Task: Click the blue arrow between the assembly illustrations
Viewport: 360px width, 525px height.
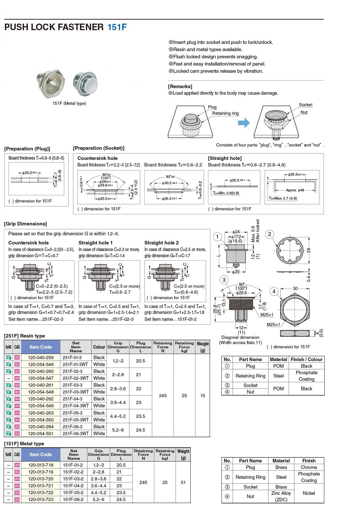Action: [244, 123]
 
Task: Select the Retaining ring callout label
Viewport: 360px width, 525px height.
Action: [225, 113]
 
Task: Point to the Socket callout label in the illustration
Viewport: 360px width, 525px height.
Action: [305, 105]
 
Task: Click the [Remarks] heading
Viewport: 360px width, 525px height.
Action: [180, 87]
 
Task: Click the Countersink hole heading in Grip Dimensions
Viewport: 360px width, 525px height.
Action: [28, 243]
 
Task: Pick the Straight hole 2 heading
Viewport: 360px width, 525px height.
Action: [161, 243]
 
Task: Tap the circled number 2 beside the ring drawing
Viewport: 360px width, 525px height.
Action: [270, 234]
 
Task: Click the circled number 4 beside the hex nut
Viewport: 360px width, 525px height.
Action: [274, 291]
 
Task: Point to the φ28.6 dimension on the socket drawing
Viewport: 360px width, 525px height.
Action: [241, 293]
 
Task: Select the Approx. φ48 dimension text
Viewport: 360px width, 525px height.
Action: [295, 190]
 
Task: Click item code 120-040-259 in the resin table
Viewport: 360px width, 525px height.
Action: [41, 358]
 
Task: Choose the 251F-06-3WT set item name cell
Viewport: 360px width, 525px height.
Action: [76, 434]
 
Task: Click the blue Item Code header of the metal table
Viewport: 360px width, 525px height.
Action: [41, 455]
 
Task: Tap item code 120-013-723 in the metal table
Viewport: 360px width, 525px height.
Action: [41, 499]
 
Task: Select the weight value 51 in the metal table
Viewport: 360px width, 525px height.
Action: [183, 482]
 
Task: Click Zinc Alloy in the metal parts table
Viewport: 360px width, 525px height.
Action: [281, 493]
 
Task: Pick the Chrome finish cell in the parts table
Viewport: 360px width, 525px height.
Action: [309, 467]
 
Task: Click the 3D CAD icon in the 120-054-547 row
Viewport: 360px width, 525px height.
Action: [17, 378]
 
